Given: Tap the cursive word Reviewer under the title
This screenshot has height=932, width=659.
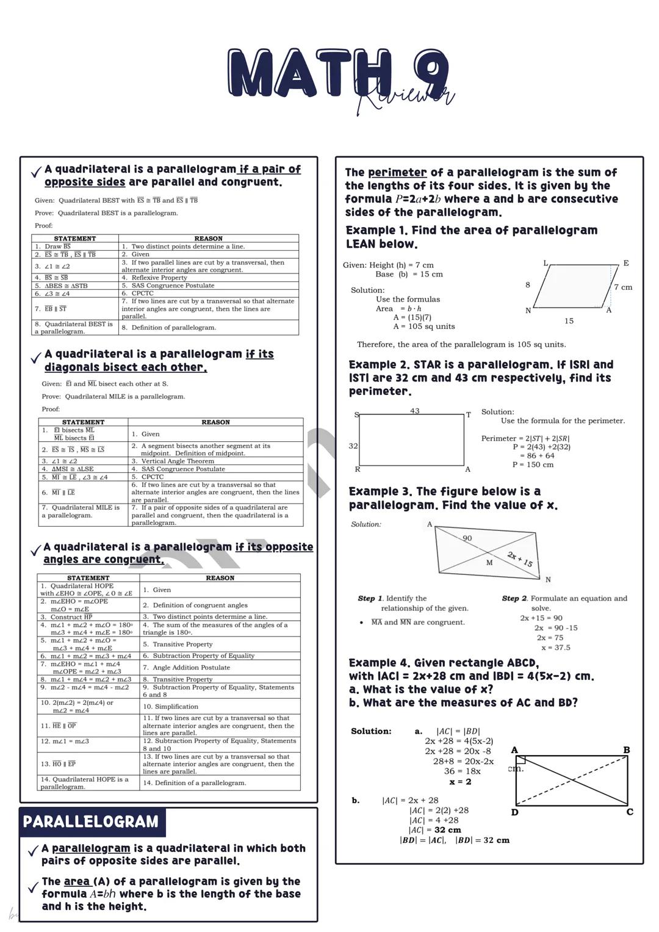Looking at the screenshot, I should coord(406,98).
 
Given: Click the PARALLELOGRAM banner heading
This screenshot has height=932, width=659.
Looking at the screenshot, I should coord(91,822).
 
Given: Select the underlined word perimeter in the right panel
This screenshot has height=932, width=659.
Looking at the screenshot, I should coord(397,173).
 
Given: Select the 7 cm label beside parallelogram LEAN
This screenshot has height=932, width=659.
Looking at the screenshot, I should coord(623,287).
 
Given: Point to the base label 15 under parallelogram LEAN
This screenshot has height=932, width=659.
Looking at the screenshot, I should coord(569,321).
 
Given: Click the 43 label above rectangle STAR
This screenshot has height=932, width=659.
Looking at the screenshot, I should coord(415,411).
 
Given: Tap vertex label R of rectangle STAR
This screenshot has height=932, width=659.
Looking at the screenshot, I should coord(358,469).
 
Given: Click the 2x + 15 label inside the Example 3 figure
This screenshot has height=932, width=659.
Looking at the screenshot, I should coord(520,558).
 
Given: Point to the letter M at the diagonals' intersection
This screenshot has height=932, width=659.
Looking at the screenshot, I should coord(489,563).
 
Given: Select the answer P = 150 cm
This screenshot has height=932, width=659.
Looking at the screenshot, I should coord(533,464).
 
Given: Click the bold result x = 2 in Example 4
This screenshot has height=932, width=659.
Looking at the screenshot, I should coord(460,782).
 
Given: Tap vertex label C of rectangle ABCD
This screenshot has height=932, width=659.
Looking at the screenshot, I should coord(630,812).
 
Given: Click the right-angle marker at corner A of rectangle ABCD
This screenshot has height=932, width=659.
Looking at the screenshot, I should coord(520,760).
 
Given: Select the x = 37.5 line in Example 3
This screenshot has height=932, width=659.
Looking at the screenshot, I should coord(555,648).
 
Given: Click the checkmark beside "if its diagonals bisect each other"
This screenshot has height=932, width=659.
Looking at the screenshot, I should coord(35,358).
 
